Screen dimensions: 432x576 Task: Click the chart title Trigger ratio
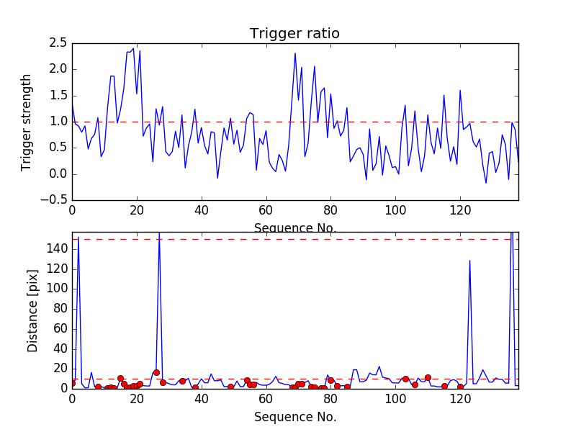coord(294,34)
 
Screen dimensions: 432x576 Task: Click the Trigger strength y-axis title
coord(27,122)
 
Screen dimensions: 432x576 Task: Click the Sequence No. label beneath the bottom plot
coord(294,417)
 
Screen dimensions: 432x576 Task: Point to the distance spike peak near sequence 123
coord(469,261)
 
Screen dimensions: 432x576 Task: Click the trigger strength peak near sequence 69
coord(295,53)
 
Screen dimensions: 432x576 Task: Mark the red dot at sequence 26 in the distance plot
coord(156,372)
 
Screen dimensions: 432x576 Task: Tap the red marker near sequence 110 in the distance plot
coord(428,377)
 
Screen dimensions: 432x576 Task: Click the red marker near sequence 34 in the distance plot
coord(182,381)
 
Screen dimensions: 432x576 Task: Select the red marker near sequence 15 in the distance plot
coord(120,378)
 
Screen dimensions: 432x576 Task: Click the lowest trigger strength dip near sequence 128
coord(486,183)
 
